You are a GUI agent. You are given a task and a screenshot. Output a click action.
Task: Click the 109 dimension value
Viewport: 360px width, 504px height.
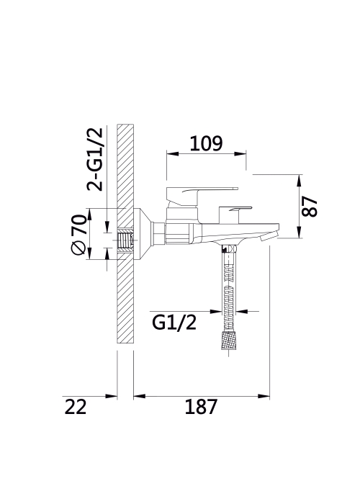(206, 143)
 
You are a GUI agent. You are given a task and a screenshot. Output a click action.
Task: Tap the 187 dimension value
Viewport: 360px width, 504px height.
(201, 407)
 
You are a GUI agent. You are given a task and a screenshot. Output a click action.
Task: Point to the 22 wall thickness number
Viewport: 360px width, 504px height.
(76, 407)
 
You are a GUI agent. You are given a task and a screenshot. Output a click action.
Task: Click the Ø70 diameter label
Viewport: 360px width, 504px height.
(78, 234)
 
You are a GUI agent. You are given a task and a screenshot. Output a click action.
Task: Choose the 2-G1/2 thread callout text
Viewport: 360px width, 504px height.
(95, 159)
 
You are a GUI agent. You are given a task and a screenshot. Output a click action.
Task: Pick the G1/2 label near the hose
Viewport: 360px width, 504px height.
(174, 323)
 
